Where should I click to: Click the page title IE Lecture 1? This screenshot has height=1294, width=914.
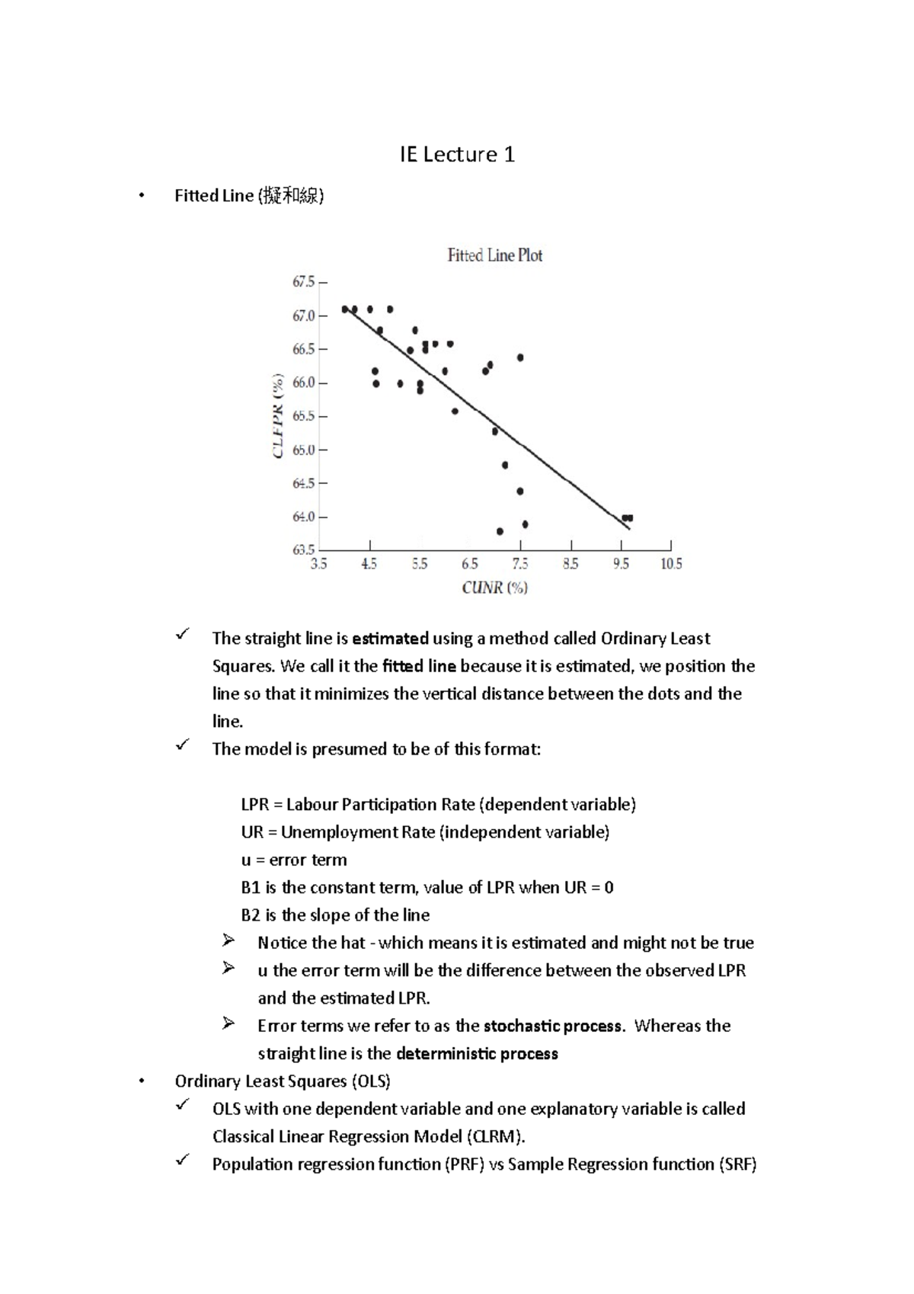click(x=457, y=155)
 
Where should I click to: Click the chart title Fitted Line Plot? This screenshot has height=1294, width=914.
click(x=494, y=256)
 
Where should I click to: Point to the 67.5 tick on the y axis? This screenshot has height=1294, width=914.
click(x=303, y=282)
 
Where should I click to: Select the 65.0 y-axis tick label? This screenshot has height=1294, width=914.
click(x=303, y=450)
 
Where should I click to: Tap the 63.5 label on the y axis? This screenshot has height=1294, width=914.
click(x=303, y=549)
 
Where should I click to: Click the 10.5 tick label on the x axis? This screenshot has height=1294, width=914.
click(x=671, y=564)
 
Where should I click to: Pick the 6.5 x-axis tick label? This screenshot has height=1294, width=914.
click(x=470, y=564)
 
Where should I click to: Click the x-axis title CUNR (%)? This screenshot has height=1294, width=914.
click(x=494, y=588)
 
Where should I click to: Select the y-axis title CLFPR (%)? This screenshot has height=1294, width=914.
click(x=278, y=416)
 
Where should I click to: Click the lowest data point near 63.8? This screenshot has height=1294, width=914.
click(x=500, y=531)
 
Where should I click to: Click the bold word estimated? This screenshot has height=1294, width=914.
click(x=390, y=639)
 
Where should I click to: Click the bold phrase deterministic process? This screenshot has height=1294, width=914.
click(x=477, y=1054)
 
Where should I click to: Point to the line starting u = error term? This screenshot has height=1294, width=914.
click(x=294, y=860)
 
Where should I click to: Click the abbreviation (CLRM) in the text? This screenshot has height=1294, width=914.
click(x=496, y=1137)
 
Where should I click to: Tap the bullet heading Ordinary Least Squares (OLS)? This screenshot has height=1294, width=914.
click(x=283, y=1081)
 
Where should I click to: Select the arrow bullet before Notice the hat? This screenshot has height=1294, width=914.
click(x=228, y=942)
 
